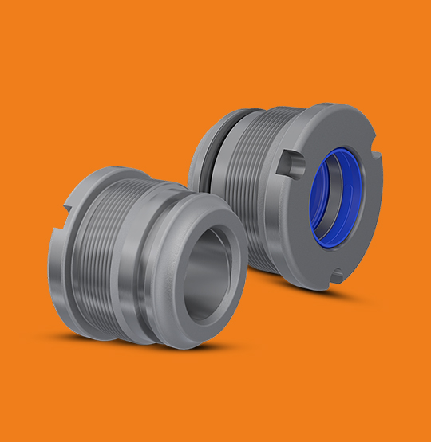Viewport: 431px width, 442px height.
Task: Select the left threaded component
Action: click(136, 255)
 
